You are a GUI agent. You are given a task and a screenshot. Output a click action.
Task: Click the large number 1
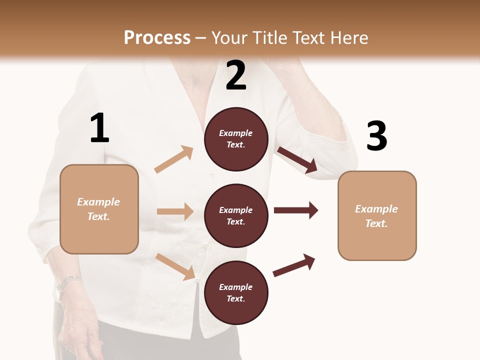(99, 128)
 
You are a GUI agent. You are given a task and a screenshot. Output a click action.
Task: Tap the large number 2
(236, 76)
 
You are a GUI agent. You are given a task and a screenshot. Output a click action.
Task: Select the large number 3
(376, 136)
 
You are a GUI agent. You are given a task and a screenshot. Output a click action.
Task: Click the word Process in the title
(157, 37)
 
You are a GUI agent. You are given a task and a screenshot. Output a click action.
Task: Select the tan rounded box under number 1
(99, 209)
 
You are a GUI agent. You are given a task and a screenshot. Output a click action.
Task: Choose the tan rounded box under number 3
(377, 216)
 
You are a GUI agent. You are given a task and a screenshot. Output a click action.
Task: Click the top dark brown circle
(236, 139)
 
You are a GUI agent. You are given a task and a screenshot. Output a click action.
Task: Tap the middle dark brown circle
(236, 216)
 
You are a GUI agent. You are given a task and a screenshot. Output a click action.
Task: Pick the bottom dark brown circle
(236, 293)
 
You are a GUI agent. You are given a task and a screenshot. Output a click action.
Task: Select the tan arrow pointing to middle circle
(175, 211)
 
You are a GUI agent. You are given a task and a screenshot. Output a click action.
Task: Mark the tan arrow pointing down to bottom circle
(175, 266)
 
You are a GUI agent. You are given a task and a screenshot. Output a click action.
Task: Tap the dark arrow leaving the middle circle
(296, 210)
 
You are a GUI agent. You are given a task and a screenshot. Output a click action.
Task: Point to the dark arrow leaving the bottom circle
(294, 265)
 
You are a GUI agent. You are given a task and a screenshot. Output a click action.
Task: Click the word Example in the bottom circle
(236, 287)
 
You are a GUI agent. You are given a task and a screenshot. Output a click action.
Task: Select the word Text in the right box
(376, 223)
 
